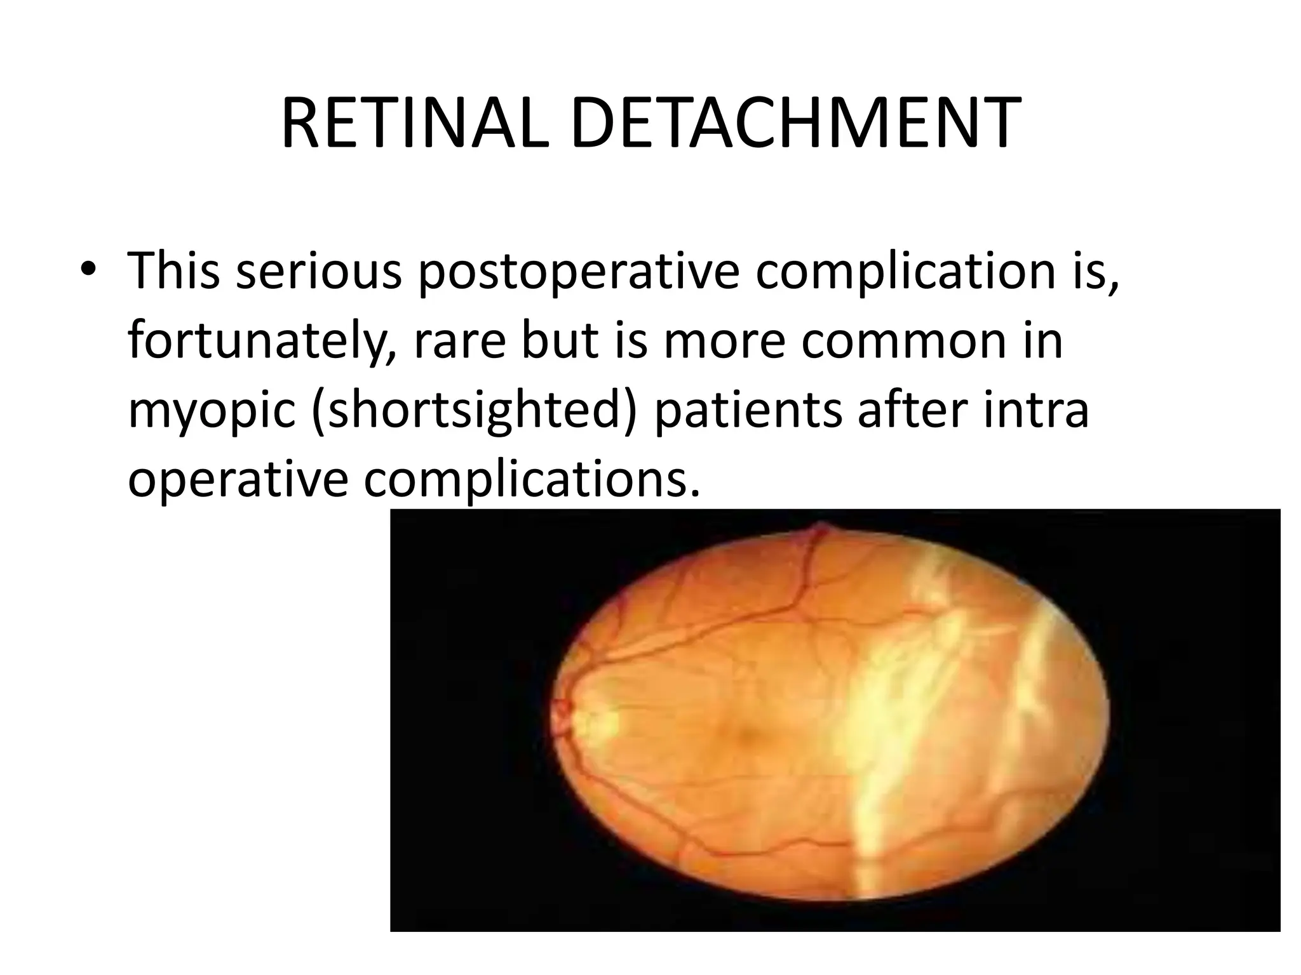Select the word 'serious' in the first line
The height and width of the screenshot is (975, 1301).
[x=320, y=270]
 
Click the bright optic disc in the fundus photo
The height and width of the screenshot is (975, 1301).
[x=594, y=719]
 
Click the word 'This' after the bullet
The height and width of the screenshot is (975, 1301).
[x=173, y=270]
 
